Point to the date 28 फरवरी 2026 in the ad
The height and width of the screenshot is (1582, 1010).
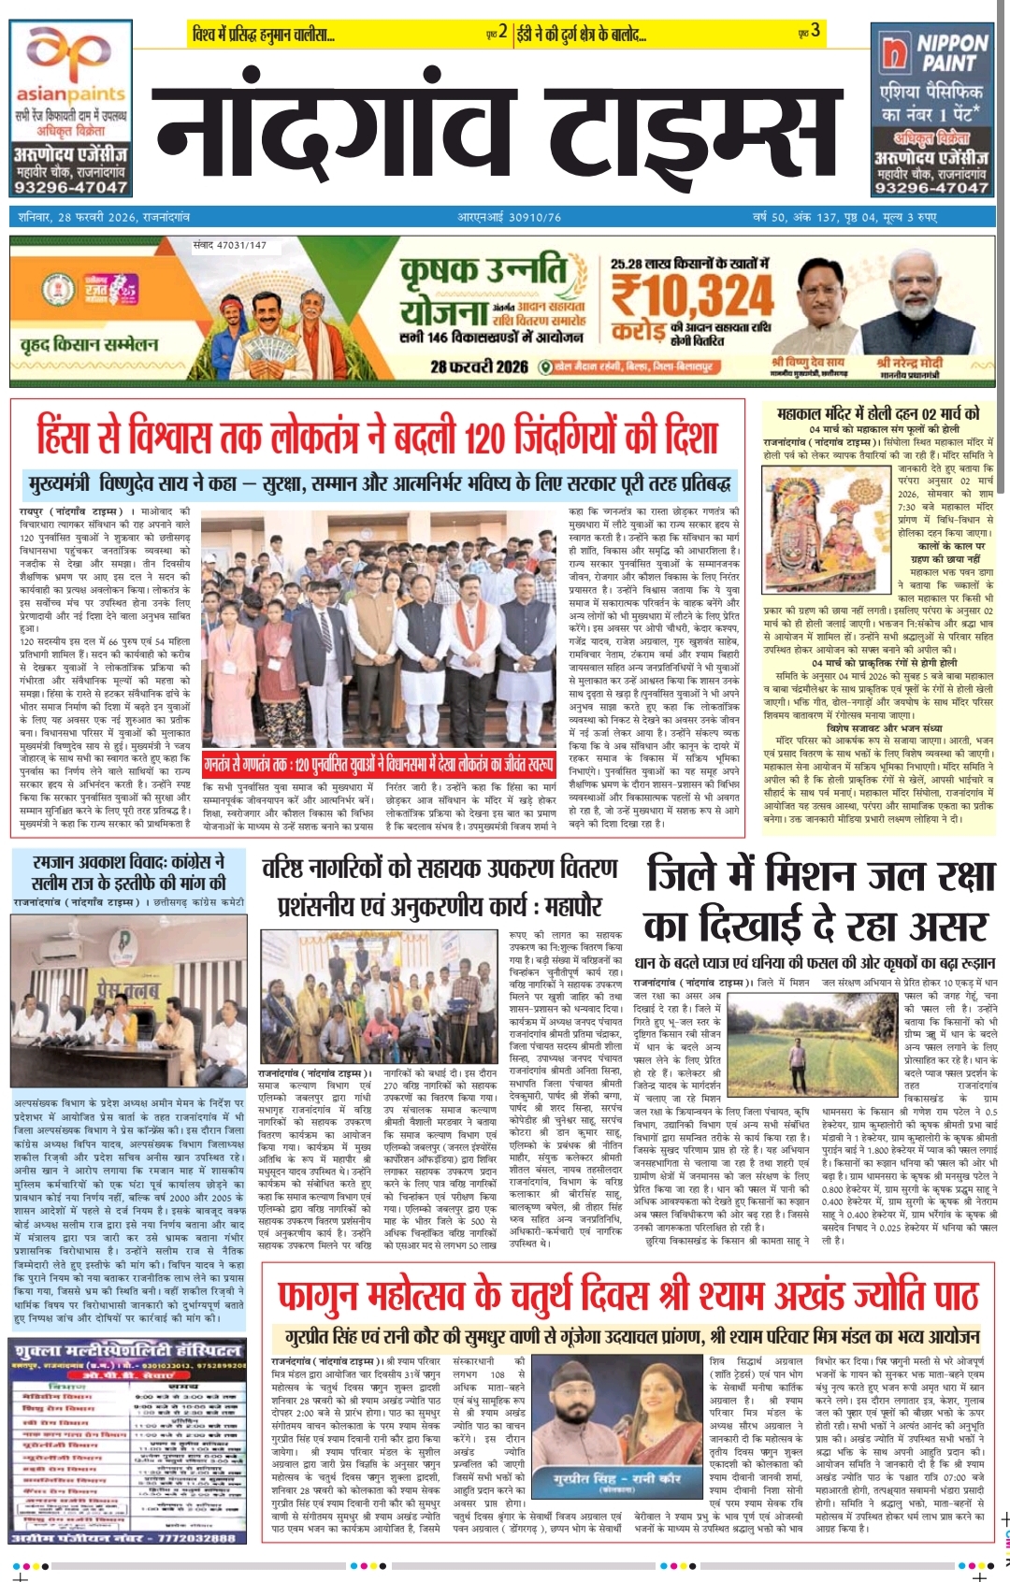pos(479,366)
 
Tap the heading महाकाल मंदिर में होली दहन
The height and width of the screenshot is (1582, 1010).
pos(878,413)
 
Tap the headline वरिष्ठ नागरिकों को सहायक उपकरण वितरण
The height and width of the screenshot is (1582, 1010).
pos(440,868)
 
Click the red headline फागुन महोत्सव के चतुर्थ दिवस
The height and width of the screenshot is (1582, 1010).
pos(628,1297)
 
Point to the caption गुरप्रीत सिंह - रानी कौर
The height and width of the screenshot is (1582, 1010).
pos(616,1478)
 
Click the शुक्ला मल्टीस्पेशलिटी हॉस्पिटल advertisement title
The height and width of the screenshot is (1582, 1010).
pos(128,1350)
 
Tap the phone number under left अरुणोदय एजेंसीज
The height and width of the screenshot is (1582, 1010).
pos(69,187)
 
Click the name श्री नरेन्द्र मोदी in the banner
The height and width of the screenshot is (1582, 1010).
pos(910,362)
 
